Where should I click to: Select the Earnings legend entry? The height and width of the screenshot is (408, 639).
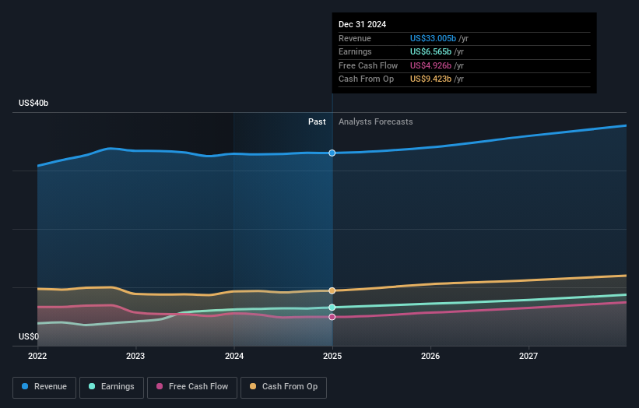[x=112, y=386]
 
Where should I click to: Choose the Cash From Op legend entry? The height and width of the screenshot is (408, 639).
[x=284, y=386]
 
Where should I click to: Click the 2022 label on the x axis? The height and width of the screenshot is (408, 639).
[x=37, y=357]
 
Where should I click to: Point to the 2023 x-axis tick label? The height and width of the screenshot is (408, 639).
[x=136, y=357]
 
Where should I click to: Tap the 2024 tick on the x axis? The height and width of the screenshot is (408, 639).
[x=234, y=357]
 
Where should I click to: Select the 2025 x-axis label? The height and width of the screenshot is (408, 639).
[x=332, y=357]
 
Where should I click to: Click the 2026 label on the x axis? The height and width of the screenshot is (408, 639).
[x=430, y=357]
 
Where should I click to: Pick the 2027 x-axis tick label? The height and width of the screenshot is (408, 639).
[x=528, y=357]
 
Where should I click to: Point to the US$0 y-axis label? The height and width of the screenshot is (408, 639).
[x=29, y=337]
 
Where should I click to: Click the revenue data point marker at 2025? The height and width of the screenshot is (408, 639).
[x=332, y=153]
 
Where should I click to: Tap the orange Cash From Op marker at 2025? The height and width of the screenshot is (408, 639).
[x=332, y=290]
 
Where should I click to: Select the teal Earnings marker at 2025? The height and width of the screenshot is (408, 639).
[x=332, y=308]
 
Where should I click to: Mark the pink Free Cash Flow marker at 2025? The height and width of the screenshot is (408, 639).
[x=332, y=317]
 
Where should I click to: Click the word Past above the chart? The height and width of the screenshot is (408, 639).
[x=317, y=121]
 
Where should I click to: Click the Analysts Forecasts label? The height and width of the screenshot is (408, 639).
[x=375, y=121]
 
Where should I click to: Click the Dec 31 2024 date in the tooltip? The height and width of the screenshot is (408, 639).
[x=362, y=25]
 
